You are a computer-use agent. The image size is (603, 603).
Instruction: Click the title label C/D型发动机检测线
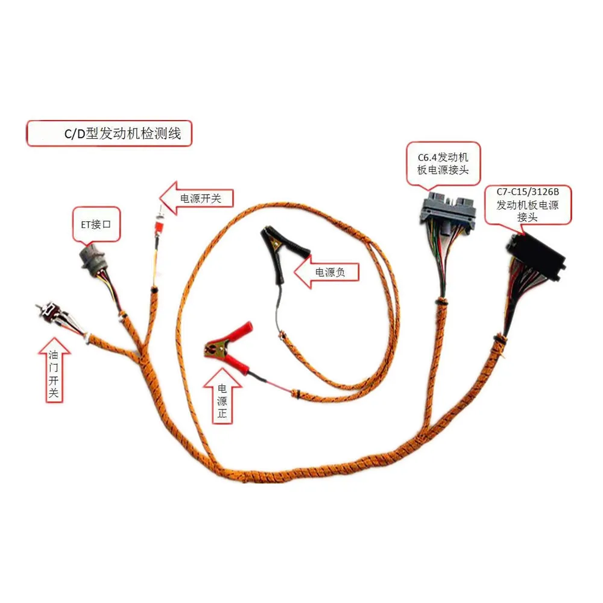tap(109, 134)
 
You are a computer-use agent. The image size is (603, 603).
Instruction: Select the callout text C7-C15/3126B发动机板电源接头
tap(528, 205)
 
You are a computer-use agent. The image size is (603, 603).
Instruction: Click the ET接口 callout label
tap(96, 224)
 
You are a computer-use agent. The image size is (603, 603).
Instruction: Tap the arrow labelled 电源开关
tap(196, 197)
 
